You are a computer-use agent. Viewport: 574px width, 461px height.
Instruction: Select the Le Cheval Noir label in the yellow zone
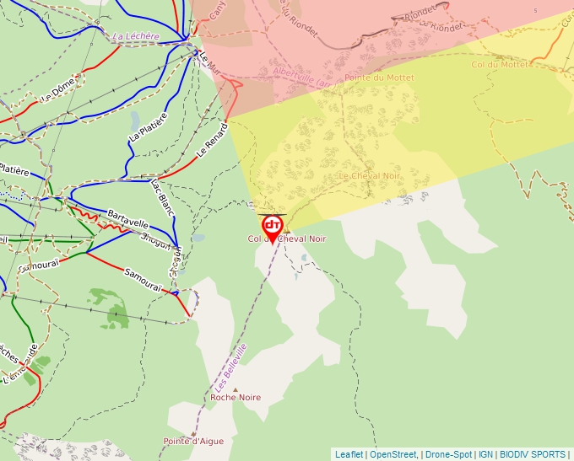(x=369, y=175)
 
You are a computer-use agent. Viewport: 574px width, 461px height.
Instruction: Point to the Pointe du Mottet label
(x=379, y=78)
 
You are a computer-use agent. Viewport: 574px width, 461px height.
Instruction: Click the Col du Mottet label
(x=500, y=64)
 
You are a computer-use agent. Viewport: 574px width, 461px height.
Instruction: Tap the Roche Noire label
(x=236, y=397)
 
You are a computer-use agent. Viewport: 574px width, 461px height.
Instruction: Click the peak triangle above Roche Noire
(x=236, y=389)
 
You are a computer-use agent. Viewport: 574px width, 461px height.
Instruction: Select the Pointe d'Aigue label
(x=193, y=441)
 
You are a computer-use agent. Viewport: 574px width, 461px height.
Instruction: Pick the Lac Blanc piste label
(x=161, y=196)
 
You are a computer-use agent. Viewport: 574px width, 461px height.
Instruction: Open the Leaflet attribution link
(x=349, y=454)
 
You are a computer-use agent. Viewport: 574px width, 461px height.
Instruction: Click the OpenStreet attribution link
(x=393, y=454)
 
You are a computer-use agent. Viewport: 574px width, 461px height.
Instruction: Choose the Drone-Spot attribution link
(x=448, y=454)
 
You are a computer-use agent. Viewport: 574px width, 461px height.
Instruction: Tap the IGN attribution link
(x=486, y=454)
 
